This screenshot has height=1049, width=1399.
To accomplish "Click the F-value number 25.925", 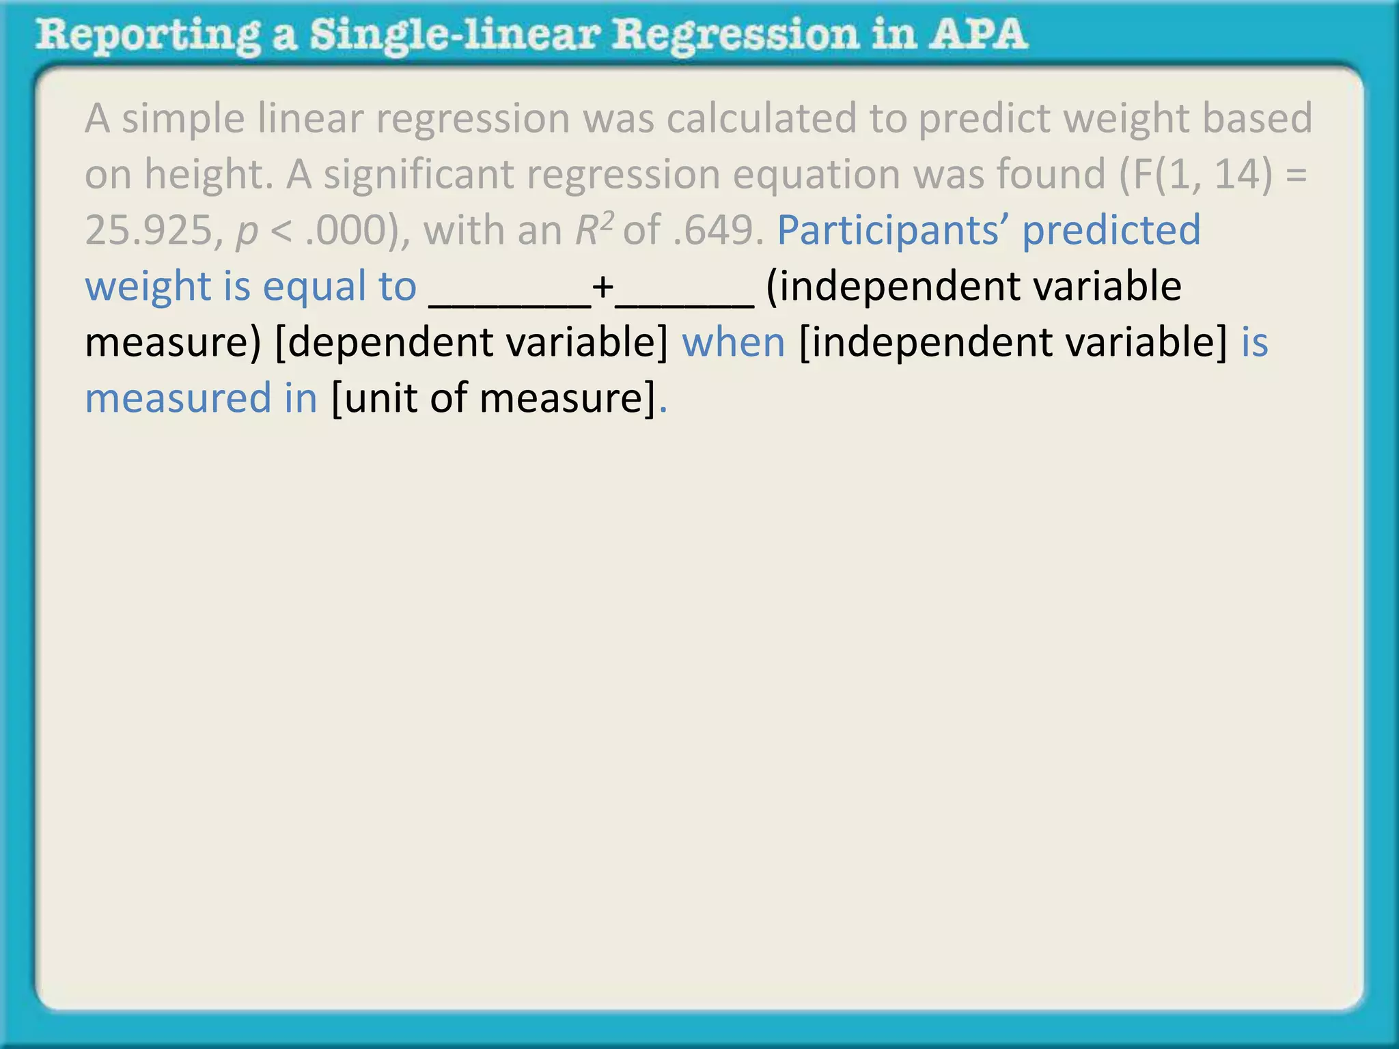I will coord(150,230).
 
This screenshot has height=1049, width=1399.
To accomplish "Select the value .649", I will coord(717,230).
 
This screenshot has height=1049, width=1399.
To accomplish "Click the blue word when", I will coord(734,342).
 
